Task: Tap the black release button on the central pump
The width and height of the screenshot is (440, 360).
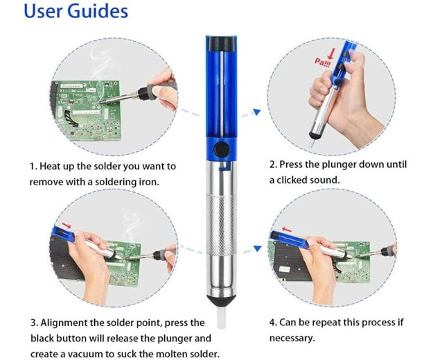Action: pyautogui.click(x=222, y=149)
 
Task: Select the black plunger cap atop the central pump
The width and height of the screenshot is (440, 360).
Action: pyautogui.click(x=222, y=43)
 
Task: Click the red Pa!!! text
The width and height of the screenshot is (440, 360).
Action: pyautogui.click(x=322, y=62)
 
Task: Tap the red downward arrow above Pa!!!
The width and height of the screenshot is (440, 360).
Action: pyautogui.click(x=332, y=53)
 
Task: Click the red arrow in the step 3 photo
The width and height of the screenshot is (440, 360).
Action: pyautogui.click(x=67, y=225)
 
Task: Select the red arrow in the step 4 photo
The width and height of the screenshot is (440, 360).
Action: pyautogui.click(x=287, y=230)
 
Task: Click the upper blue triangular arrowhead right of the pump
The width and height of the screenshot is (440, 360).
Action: pyautogui.click(x=257, y=112)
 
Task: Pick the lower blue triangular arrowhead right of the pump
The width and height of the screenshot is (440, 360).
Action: pyautogui.click(x=257, y=248)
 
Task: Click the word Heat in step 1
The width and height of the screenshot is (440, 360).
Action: pyautogui.click(x=49, y=166)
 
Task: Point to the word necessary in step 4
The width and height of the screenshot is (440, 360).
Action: pyautogui.click(x=291, y=338)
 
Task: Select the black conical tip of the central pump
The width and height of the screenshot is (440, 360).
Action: pyautogui.click(x=222, y=300)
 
